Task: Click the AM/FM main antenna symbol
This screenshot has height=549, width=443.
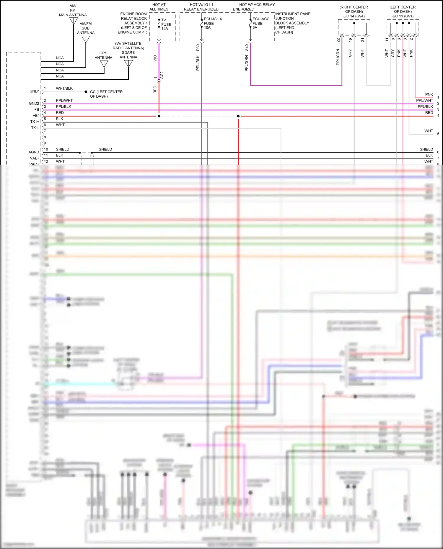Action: coord(74,21)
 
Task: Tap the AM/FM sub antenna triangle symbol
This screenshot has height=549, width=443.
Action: coord(86,39)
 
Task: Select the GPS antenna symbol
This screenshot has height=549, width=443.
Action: coord(104,63)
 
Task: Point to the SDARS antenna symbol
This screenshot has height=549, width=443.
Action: coord(128,63)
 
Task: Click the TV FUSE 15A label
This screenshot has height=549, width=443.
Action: coord(166,24)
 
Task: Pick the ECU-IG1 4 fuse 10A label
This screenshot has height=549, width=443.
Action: coord(212,23)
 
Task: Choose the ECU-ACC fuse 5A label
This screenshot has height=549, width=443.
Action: coord(260,23)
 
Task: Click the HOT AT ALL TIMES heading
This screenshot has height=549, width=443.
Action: coord(159,7)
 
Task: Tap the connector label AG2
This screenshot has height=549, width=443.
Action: coord(162,75)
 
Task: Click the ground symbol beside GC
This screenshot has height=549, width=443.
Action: coord(86,92)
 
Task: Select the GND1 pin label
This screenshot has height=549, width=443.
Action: coord(34,91)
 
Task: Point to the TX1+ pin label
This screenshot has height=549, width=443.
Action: coord(35,122)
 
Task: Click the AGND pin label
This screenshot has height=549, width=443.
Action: coord(34,152)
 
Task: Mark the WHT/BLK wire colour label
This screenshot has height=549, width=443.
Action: coord(64,88)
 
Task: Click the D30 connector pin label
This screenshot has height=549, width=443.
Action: coord(198,47)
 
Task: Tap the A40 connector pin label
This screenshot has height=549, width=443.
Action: coord(247,47)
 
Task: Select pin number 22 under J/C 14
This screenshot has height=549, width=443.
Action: coord(338,40)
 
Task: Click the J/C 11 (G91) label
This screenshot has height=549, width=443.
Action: coord(403,16)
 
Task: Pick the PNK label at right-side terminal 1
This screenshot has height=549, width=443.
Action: coord(429,94)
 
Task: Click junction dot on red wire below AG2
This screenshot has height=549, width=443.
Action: coord(159,116)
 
